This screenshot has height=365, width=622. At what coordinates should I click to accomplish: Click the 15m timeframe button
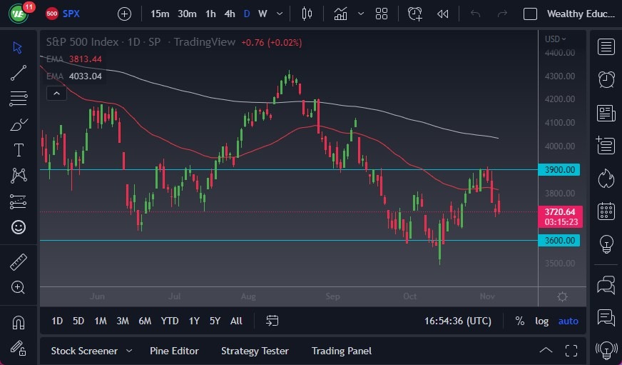click(x=160, y=14)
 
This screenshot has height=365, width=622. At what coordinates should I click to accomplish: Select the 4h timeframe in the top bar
click(x=229, y=14)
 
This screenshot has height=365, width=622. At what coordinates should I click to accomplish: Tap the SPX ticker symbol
click(x=71, y=14)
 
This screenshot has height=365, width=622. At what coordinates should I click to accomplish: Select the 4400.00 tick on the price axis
click(x=560, y=53)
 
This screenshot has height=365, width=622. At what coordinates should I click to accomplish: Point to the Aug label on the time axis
click(x=248, y=296)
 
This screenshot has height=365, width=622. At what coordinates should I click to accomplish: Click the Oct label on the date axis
click(x=409, y=296)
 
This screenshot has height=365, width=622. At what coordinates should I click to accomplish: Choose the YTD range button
click(x=170, y=321)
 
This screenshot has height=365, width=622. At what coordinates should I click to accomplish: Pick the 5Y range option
click(x=215, y=321)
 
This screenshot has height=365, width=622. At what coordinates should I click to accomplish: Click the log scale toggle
click(x=541, y=321)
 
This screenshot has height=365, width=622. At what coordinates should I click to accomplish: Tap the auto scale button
click(x=569, y=321)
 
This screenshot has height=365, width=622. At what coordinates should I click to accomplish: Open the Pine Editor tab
click(x=174, y=351)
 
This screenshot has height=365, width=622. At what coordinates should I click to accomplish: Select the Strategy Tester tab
click(x=255, y=351)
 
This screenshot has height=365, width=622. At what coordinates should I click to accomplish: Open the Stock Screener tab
click(x=84, y=351)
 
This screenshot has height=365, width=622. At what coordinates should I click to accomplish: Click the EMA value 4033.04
click(x=86, y=76)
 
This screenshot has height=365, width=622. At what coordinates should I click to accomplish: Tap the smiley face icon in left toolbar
click(x=19, y=227)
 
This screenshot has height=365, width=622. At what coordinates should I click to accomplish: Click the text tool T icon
click(x=19, y=150)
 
